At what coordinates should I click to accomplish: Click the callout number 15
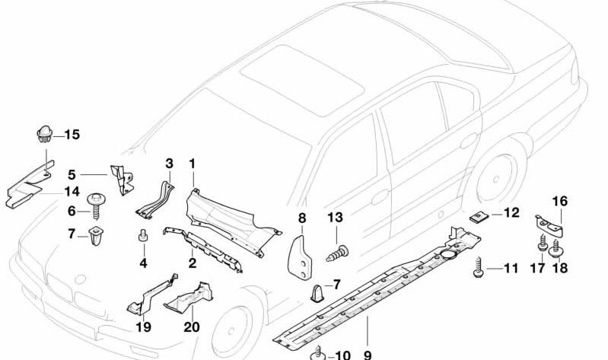pos(71,135)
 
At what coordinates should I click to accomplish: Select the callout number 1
pos(193,163)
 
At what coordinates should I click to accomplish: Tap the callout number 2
pos(193,263)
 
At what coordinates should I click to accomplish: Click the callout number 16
pos(559,201)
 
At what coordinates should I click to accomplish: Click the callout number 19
pos(143,327)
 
